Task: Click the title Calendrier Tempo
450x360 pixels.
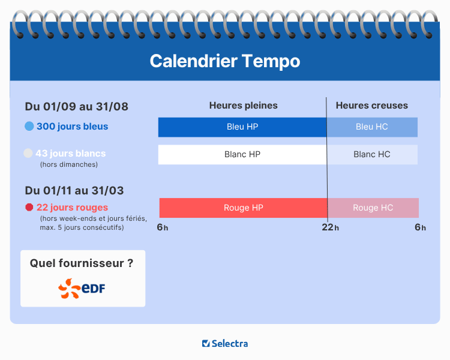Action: pos(224,61)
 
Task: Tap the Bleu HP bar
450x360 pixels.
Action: pos(242,127)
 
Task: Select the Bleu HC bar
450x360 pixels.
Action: pos(372,127)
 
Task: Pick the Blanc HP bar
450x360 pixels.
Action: pos(242,154)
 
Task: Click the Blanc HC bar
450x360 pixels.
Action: pos(372,154)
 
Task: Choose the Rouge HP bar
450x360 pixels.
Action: pos(243,208)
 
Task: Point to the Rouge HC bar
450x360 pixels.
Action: pos(373,208)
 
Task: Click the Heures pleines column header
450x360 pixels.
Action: pos(243,106)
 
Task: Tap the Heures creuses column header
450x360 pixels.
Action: pos(371,106)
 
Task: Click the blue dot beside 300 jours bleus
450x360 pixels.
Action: pos(29,127)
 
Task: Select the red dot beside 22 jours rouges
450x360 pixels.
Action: pos(29,208)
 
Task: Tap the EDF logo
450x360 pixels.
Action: pos(82,289)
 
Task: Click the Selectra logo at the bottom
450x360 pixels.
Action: pos(225,344)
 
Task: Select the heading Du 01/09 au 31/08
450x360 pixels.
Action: pos(77,107)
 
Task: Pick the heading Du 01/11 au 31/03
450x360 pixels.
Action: pos(74,191)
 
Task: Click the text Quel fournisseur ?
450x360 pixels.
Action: pos(82,263)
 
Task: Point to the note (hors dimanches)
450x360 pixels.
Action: pos(68,164)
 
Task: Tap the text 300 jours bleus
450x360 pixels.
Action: pos(72,127)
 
